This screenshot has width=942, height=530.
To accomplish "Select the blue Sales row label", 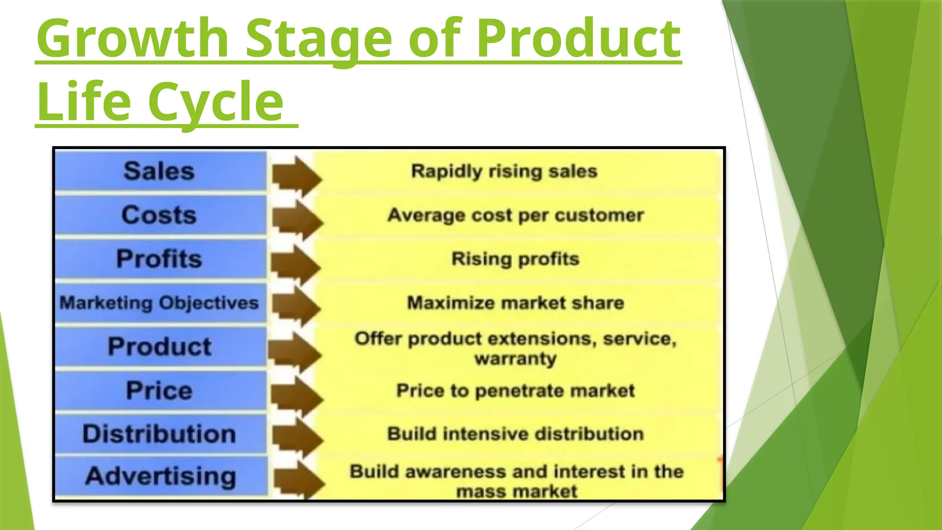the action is click(159, 171).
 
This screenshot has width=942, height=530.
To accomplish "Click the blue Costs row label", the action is click(159, 215).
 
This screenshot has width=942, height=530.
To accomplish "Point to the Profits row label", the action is click(159, 259).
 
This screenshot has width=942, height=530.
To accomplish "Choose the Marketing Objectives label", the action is click(159, 303).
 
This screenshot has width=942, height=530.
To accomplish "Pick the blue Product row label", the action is click(159, 346).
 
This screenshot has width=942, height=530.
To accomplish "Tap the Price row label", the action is click(159, 391).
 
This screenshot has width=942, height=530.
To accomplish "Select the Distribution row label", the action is click(159, 434).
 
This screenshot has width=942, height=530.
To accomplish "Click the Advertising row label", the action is click(161, 476).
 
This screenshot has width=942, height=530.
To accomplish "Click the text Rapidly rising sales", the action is click(504, 171).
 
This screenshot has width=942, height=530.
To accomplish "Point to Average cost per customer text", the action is click(516, 215).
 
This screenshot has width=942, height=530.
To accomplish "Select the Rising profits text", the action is click(515, 259).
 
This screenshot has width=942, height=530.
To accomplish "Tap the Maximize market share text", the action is click(516, 303).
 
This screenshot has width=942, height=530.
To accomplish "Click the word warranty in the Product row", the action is click(516, 358).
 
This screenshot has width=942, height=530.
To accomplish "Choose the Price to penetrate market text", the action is click(516, 391).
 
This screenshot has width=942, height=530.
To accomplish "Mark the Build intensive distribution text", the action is click(516, 434).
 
